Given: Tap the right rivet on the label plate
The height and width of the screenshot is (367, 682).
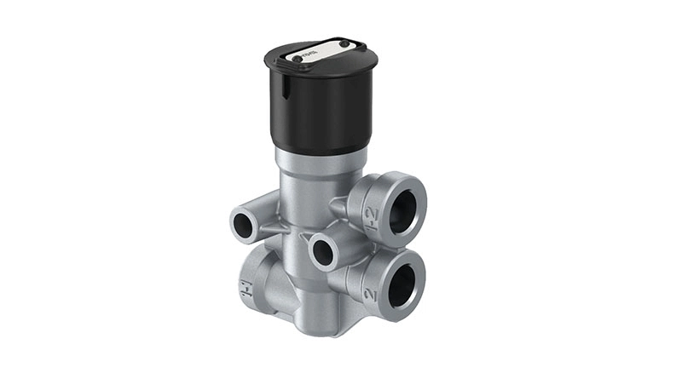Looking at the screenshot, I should tap(344, 43).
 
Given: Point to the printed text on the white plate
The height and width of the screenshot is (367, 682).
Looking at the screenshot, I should tap(317, 54).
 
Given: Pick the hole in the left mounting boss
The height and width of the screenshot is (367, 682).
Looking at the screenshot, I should tap(246, 224).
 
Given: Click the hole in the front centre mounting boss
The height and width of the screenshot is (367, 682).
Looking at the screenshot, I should tap(325, 252).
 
